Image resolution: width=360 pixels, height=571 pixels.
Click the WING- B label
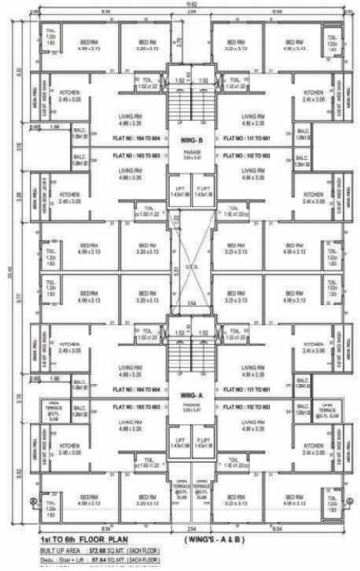[x=180, y=138]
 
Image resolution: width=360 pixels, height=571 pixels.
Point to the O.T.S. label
[x=180, y=266]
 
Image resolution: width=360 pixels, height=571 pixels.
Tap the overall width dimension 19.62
[x=180, y=6]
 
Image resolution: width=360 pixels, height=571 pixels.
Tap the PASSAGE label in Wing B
[x=180, y=159]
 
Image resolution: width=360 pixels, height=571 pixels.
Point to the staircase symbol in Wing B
[x=180, y=100]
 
